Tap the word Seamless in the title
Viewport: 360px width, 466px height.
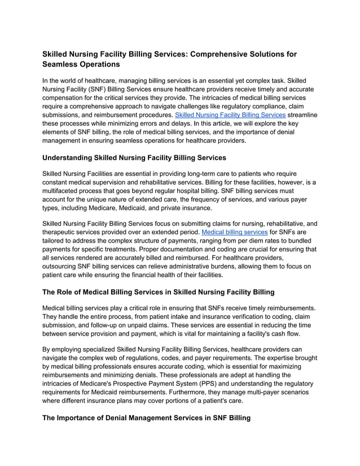coord(63,65)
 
